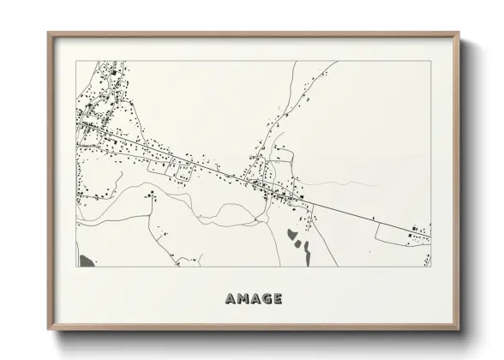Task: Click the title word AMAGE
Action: (253, 299)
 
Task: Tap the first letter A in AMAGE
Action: (231, 299)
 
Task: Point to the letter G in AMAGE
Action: (265, 299)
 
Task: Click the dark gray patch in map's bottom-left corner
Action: (85, 260)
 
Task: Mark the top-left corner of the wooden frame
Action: (48, 33)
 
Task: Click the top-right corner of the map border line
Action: (430, 61)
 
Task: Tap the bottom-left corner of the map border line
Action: (77, 267)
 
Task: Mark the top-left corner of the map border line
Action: (77, 61)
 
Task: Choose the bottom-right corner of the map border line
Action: (430, 267)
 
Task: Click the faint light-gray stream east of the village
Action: (343, 183)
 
